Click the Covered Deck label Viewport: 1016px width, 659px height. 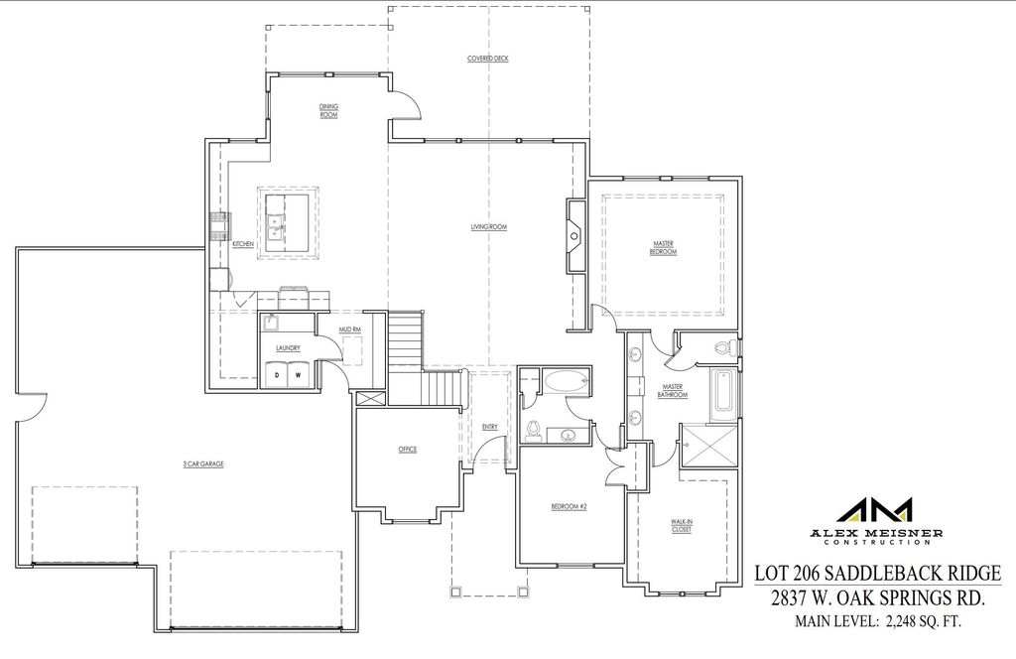coord(487,59)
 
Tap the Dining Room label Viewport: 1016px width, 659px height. coord(328,110)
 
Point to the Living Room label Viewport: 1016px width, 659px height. coord(489,227)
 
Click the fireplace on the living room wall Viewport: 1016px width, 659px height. coord(575,234)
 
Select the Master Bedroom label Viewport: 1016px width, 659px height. coord(664,247)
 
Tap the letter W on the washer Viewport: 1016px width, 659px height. coord(297,375)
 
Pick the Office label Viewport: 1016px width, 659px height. coord(407,450)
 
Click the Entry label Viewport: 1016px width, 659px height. coord(489,427)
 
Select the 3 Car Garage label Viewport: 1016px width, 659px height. coord(201,463)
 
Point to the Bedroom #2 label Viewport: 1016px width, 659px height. coord(570,506)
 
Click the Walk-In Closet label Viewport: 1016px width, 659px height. coord(681,525)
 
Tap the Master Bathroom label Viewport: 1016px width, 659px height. coord(672,391)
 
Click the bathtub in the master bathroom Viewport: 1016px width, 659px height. coord(722,393)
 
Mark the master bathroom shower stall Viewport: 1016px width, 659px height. coord(708,446)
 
